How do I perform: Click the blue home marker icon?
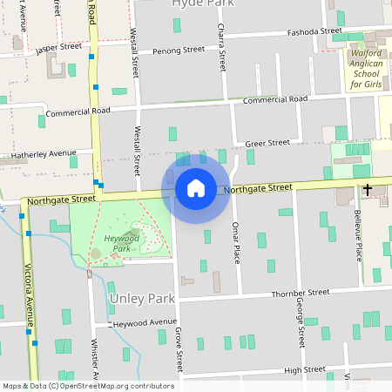[x=196, y=187]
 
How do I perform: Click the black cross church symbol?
[x=368, y=189]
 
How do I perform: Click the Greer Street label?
[x=267, y=143]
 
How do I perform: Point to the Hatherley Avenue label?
[x=38, y=155]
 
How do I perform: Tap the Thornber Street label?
[x=301, y=294]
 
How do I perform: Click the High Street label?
[x=305, y=369]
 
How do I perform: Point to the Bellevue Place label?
[x=358, y=235]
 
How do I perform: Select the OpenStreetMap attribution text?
[x=87, y=386]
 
